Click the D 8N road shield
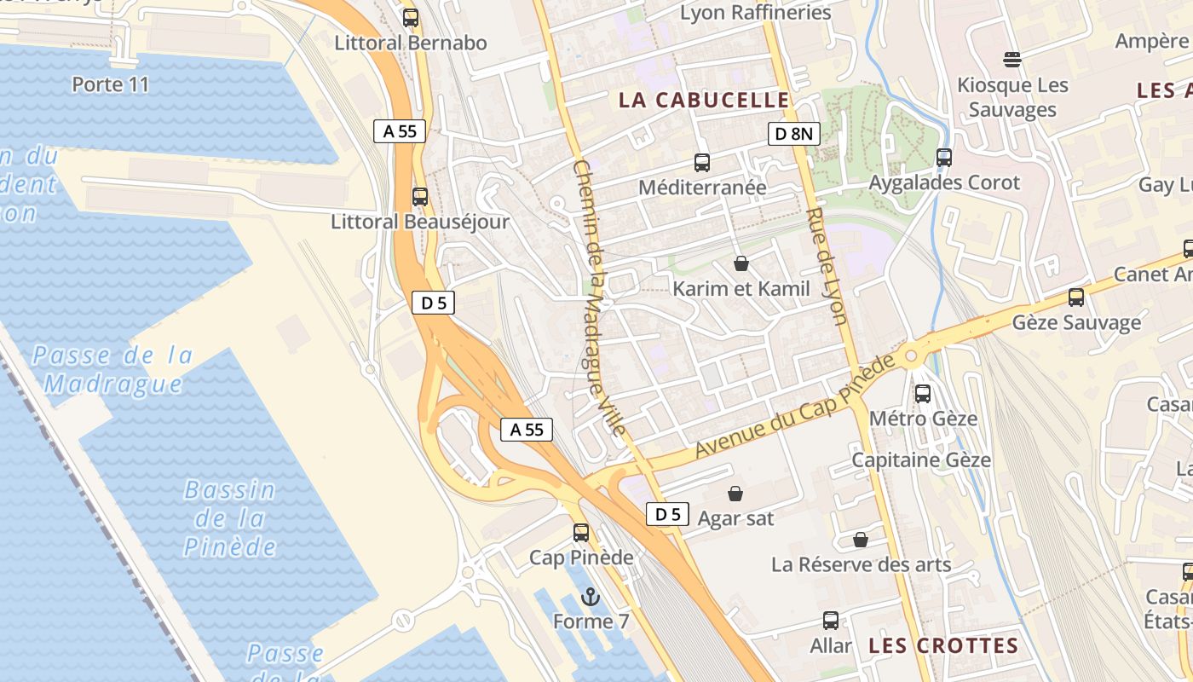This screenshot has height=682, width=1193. (793, 133)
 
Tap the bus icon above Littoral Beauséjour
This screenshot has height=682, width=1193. (419, 197)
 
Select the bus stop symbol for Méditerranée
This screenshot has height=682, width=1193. (702, 163)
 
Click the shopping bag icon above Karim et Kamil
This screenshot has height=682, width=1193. (741, 263)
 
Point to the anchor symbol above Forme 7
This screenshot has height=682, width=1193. (591, 597)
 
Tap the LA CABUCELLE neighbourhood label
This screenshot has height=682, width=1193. (705, 100)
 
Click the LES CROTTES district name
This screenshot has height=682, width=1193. (943, 645)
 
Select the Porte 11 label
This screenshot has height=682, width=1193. (111, 84)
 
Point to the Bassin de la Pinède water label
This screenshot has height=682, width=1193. (230, 518)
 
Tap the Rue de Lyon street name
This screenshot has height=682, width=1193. (827, 266)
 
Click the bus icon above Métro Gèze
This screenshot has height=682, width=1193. (923, 394)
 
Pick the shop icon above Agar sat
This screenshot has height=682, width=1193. (735, 493)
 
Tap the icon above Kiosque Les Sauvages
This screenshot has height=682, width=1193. (1012, 59)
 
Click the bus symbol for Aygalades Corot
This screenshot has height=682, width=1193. (943, 158)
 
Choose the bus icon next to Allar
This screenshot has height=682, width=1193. (831, 621)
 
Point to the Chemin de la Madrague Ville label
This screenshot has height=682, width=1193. (600, 298)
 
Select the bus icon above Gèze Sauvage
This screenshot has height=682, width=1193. (1076, 298)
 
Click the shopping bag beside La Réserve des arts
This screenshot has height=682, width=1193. (861, 540)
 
